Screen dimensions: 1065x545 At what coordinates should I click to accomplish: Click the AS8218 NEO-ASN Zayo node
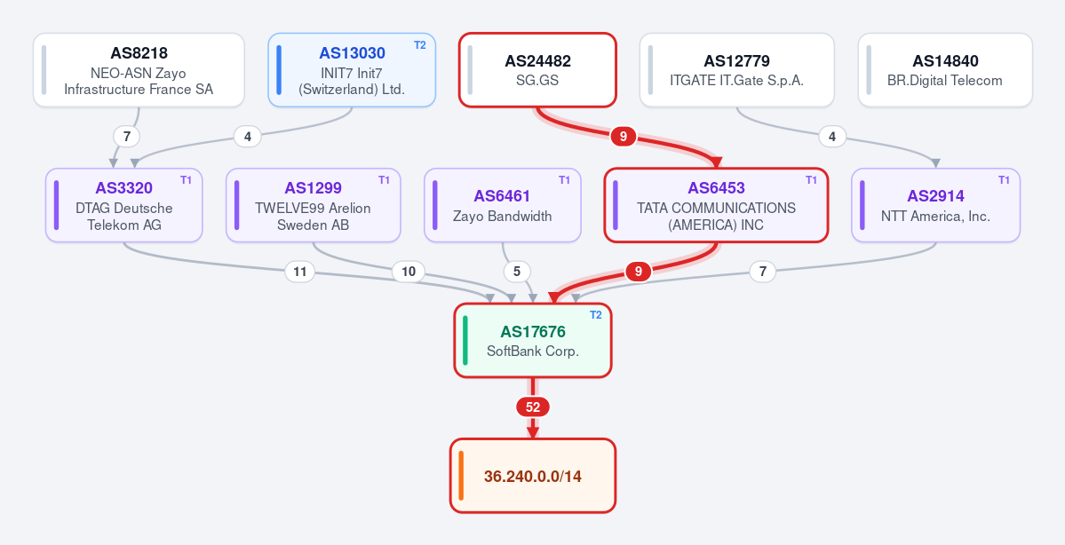point(139,70)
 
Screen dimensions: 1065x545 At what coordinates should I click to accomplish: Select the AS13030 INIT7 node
point(352,70)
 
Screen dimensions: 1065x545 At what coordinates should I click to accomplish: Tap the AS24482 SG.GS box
point(537,70)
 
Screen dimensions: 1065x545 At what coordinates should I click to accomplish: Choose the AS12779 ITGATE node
point(737,70)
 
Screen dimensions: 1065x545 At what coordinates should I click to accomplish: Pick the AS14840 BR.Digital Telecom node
point(945,70)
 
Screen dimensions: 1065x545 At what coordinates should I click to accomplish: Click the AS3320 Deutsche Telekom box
point(124,205)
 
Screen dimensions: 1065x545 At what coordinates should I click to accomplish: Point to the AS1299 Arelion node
point(314,205)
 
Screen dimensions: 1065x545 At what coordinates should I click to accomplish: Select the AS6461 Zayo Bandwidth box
point(503,205)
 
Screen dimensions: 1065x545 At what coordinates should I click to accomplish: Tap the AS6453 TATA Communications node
point(716,205)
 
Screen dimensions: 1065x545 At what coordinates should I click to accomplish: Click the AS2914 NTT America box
point(936,205)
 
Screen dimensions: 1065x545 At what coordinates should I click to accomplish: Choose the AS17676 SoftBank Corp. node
point(533,340)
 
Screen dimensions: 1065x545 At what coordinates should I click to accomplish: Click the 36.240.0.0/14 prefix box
point(533,476)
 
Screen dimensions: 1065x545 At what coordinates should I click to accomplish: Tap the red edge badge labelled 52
point(533,407)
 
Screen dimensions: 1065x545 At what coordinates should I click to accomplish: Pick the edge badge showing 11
point(299,272)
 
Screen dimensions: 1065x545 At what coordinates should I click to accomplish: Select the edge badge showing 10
point(409,272)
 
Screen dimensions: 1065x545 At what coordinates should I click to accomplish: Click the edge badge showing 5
point(517,272)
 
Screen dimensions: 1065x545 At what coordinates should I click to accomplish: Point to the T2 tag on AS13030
point(420,45)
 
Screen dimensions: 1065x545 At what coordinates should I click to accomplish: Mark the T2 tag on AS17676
point(596,315)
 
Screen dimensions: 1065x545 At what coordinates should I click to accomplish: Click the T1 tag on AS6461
point(564,180)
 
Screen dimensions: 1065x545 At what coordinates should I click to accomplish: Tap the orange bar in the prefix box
point(461,476)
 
